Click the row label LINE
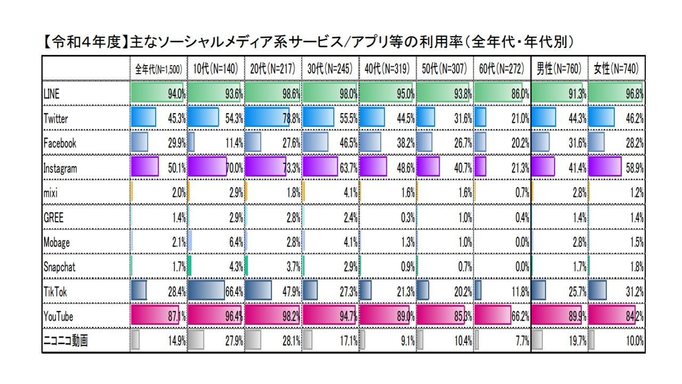pyautogui.click(x=52, y=94)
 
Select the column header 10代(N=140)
pyautogui.click(x=216, y=69)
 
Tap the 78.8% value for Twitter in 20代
pyautogui.click(x=291, y=118)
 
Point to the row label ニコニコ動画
pyautogui.click(x=66, y=340)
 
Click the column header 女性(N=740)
pyautogui.click(x=616, y=69)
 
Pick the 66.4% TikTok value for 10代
pyautogui.click(x=234, y=292)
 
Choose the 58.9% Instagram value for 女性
pyautogui.click(x=635, y=168)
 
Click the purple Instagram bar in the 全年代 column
pyautogui.click(x=144, y=166)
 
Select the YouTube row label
pyautogui.click(x=58, y=316)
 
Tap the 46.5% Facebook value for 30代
pyautogui.click(x=348, y=143)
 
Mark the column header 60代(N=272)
pyautogui.click(x=502, y=69)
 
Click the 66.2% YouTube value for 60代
pyautogui.click(x=521, y=316)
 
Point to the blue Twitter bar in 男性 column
pyautogui.click(x=544, y=117)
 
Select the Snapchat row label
pyautogui.click(x=59, y=267)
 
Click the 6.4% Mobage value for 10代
pyautogui.click(x=236, y=242)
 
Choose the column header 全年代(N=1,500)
pyautogui.click(x=159, y=69)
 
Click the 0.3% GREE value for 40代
pyautogui.click(x=408, y=218)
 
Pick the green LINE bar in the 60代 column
pyautogui.click(x=498, y=92)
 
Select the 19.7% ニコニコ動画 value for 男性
pyautogui.click(x=578, y=341)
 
